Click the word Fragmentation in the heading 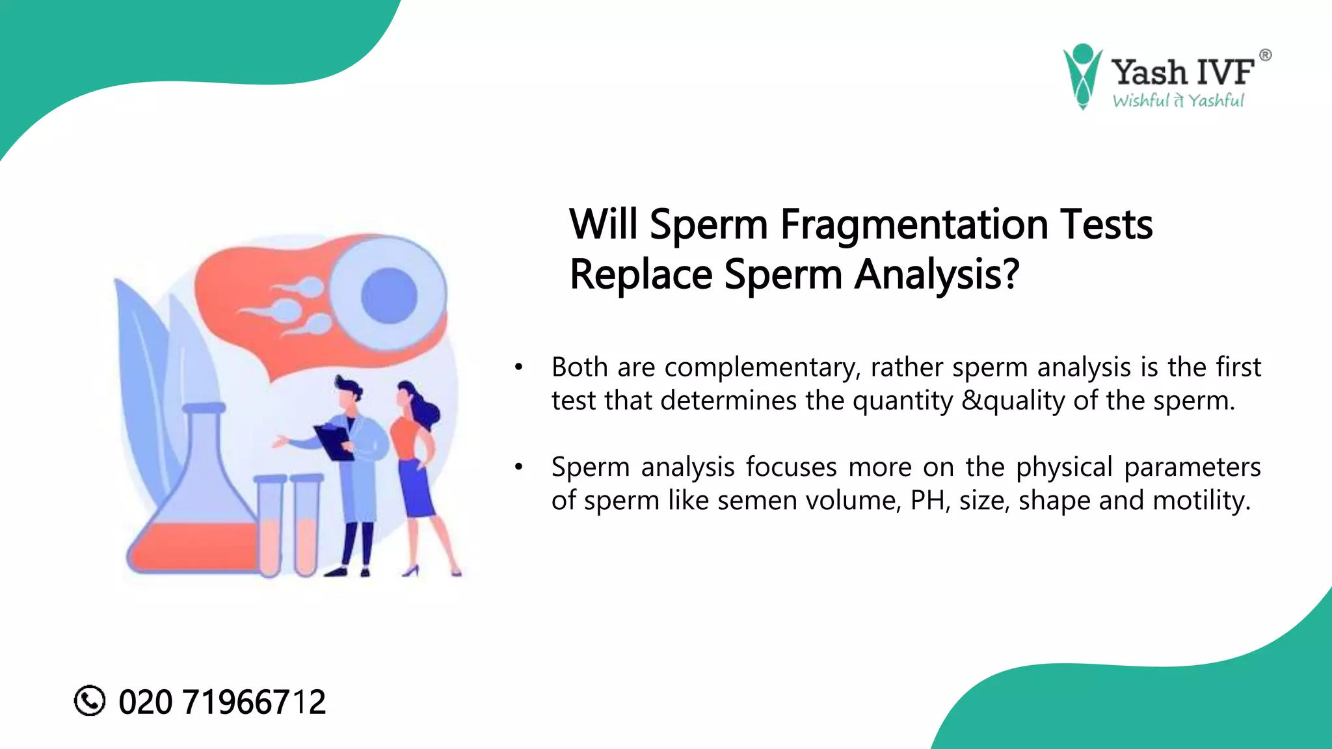coord(914,225)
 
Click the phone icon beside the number coord(90,701)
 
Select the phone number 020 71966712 coord(222,702)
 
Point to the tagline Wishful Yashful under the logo coord(1178,101)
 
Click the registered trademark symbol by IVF coord(1265,55)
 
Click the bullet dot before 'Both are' coord(518,368)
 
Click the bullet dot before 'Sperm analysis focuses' coord(518,467)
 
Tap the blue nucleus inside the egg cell coord(389,295)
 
